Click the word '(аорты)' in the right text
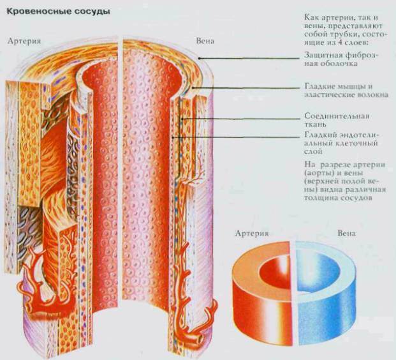tap(319, 173)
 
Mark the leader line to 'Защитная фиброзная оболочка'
tap(255, 59)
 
